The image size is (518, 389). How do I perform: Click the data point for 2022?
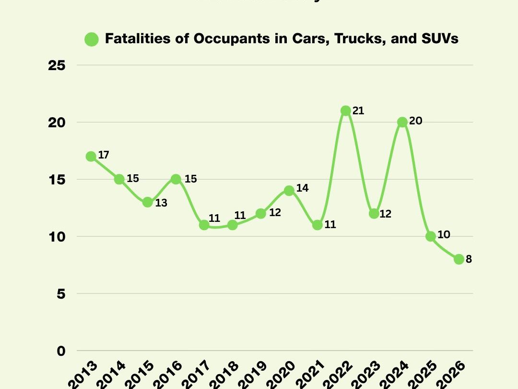(345, 111)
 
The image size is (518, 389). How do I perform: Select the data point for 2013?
(91, 157)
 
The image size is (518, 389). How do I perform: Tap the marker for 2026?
(459, 259)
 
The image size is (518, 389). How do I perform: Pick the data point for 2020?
(289, 191)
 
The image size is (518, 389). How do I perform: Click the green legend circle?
(91, 39)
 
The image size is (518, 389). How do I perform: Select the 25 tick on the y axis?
(58, 65)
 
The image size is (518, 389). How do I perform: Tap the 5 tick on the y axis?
(61, 294)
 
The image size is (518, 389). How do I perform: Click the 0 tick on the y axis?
(61, 351)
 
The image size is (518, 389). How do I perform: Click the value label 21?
(358, 111)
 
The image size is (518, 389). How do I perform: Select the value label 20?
(415, 122)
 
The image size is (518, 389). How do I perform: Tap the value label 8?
(469, 259)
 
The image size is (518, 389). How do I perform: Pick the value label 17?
(104, 155)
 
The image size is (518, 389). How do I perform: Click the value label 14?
(302, 188)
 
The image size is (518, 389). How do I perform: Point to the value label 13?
(161, 203)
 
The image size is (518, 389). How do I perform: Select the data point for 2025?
(430, 236)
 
